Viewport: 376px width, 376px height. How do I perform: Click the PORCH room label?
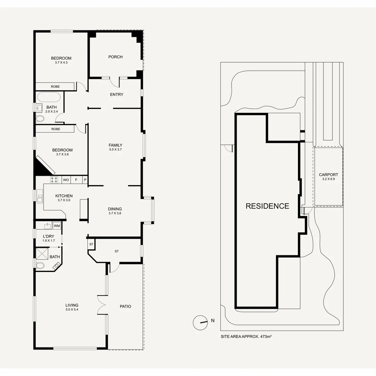click(115, 57)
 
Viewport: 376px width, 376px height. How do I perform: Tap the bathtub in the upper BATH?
click(49, 97)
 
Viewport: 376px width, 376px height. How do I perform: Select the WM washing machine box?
click(57, 226)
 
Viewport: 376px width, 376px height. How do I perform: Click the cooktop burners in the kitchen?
click(54, 180)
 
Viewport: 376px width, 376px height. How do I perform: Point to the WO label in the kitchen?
click(66, 180)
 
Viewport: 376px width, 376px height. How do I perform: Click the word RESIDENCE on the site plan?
click(267, 206)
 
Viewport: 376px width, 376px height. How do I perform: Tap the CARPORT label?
click(328, 175)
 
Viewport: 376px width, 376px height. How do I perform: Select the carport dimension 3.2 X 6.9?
click(328, 179)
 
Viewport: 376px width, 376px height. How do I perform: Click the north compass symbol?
click(200, 322)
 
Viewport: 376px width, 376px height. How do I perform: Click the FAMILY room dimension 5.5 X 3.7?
click(115, 149)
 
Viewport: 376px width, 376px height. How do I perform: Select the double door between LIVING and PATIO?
click(101, 306)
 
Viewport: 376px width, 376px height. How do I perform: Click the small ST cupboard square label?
click(91, 244)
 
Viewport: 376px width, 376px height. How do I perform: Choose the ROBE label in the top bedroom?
click(55, 86)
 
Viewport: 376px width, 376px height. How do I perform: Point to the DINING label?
click(115, 209)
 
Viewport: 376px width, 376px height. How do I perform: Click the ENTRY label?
click(117, 94)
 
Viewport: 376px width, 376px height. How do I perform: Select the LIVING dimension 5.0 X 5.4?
click(72, 310)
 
